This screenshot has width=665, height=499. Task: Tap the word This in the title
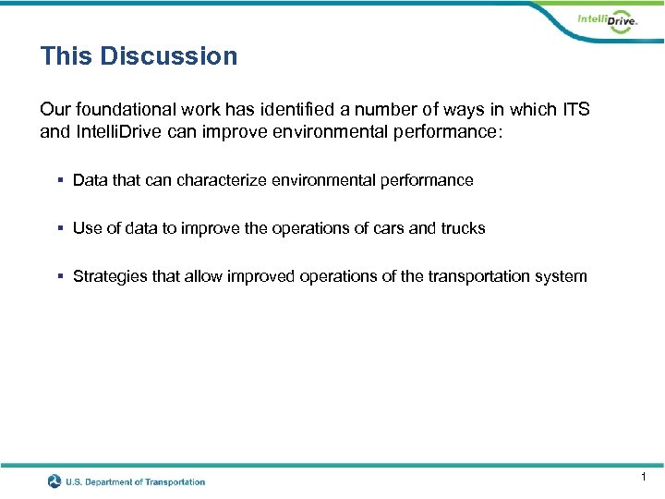click(66, 56)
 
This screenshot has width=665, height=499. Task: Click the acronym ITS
click(574, 110)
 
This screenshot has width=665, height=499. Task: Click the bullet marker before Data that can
click(60, 180)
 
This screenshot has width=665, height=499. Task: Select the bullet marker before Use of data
click(60, 228)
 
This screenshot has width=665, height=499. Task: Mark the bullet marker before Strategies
click(60, 276)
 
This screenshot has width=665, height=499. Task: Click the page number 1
click(643, 477)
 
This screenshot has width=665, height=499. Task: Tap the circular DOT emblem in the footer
click(54, 481)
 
